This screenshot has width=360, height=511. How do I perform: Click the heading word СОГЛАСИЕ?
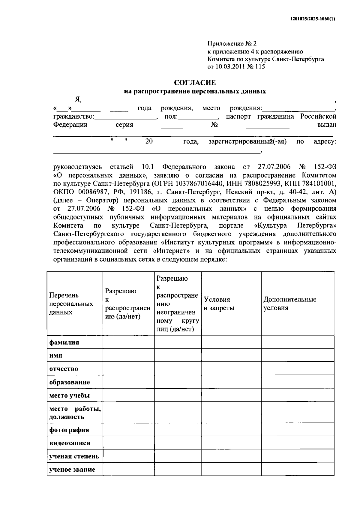pos(195,82)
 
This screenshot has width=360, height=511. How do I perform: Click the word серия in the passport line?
pos(124,125)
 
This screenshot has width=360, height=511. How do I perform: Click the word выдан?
pos(327,125)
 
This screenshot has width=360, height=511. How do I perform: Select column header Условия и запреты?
pos(219,304)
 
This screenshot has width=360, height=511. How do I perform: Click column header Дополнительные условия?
pos(289,304)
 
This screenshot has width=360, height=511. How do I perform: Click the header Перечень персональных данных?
pos(71,304)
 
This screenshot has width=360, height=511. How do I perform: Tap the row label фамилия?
pos(64,342)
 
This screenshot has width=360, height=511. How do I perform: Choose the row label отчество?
pos(64,369)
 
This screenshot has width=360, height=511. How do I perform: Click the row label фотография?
pos(69,430)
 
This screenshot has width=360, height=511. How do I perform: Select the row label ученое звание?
pos(72,469)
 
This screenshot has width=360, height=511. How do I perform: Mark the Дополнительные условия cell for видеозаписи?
pos(297,443)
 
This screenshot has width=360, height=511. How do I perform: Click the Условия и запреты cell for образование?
pos(231,382)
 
